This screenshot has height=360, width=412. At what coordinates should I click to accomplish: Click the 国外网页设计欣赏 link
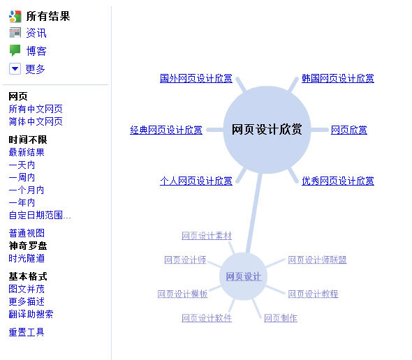pos(196,78)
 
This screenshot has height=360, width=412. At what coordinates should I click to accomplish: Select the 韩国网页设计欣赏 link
pos(338,78)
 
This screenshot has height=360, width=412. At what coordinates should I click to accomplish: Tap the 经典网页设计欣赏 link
pos(166,130)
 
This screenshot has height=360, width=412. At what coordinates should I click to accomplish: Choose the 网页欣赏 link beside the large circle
pos(349,130)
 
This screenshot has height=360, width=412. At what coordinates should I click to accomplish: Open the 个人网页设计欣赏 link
pos(196,181)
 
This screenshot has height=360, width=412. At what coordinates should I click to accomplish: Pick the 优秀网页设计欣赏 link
pos(338,181)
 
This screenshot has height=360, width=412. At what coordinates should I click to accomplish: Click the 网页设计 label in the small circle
pos(244,276)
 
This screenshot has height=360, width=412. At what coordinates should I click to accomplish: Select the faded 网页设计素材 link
pos(207,236)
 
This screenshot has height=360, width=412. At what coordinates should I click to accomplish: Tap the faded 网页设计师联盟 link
pos(317,260)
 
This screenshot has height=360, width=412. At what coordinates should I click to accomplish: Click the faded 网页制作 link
pos(281,318)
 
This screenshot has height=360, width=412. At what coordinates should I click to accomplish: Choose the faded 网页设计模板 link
pos(183,294)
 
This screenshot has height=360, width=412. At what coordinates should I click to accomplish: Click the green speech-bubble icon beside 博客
pos(15,50)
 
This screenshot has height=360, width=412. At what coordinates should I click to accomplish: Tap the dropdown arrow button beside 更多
pos(15,69)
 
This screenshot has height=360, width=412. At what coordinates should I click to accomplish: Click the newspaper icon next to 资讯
pos(15,33)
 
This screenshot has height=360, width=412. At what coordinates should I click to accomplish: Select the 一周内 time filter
pos(22,177)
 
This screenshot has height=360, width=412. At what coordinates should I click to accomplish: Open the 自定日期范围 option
pos(40,216)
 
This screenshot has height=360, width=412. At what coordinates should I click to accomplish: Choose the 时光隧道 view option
pos(27,258)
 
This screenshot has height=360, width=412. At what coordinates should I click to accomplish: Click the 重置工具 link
pos(27,332)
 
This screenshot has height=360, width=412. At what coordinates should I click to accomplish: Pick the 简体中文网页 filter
pos(36,121)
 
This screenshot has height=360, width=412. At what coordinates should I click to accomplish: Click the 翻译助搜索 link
pos(31,314)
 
